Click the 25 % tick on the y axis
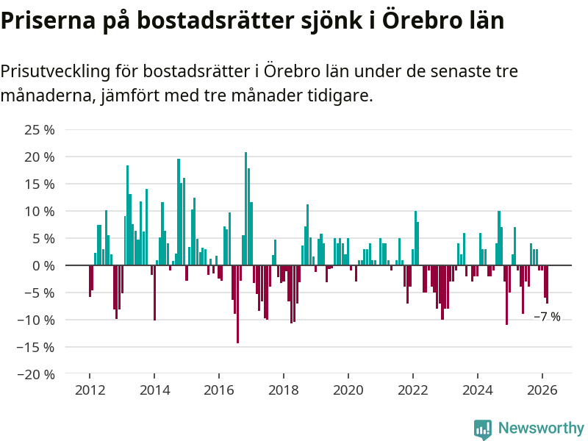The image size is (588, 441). coord(40,130)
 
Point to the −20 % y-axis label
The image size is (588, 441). coord(37,374)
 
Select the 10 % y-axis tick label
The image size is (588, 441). coord(40,211)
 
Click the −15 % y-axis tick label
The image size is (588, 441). coord(37,347)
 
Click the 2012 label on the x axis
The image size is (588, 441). coord(89,390)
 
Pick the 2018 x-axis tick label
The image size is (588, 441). coord(283,390)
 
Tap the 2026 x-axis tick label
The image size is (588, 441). coord(542,390)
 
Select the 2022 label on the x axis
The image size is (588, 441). coord(412,390)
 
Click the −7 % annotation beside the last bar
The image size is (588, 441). coord(547,317)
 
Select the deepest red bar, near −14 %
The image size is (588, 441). coord(237,304)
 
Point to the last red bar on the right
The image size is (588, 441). coord(547,284)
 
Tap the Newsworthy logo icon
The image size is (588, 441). coord(482,429)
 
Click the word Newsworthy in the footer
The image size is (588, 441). coord(541,428)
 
